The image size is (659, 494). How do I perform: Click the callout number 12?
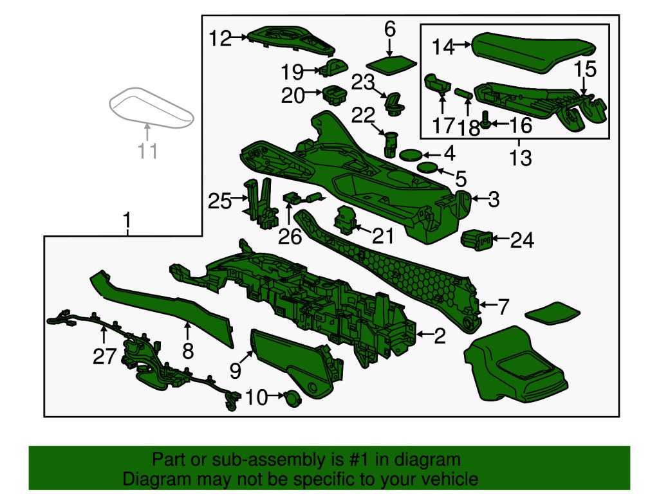point(220,39)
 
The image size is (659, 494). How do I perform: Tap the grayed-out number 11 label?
point(147,151)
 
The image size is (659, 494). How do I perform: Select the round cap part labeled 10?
point(292,397)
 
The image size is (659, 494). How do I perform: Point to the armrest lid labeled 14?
point(534,51)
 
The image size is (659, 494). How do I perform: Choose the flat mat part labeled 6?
point(391,65)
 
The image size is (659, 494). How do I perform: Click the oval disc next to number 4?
point(411,155)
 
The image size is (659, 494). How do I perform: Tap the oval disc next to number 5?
point(427,168)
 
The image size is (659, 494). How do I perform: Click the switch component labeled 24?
point(476,239)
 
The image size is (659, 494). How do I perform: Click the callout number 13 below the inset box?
point(520,158)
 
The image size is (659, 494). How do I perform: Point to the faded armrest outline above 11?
point(151,107)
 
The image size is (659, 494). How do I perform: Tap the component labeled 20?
point(335,95)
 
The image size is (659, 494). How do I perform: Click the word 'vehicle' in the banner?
point(449,479)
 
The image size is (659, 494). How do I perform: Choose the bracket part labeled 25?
point(261,204)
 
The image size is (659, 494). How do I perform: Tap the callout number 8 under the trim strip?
point(188,351)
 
